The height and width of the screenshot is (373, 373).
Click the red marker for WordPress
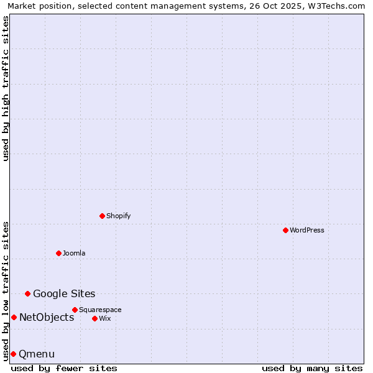(285, 230)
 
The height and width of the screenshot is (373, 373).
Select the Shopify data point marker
(102, 216)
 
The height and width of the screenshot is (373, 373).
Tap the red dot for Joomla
(58, 253)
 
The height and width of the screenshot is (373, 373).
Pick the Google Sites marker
(27, 293)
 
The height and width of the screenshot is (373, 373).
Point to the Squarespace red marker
(75, 310)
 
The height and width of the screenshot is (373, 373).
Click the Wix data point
(94, 318)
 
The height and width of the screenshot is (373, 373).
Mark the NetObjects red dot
(14, 317)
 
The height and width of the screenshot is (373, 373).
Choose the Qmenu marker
(13, 354)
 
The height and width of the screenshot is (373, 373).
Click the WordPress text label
(307, 230)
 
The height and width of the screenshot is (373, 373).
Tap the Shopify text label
(118, 216)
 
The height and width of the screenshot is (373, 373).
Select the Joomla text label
(74, 253)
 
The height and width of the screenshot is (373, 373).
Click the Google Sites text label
(64, 293)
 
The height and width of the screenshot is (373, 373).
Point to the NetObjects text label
(47, 317)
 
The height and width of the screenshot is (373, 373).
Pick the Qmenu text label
(37, 354)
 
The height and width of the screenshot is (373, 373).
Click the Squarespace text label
(100, 310)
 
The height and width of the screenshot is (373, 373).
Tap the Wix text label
(105, 318)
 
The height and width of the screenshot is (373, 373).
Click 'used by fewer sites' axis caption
(64, 368)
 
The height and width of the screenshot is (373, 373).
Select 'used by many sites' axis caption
(312, 368)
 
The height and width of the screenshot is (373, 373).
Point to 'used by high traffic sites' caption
(6, 88)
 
